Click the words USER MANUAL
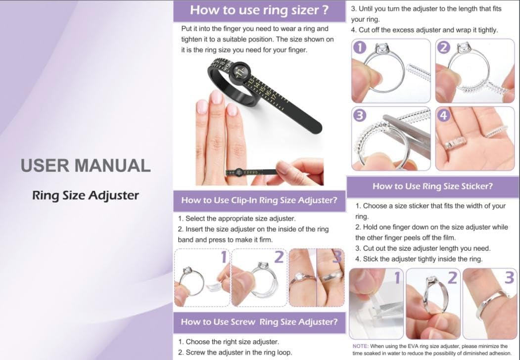[x=86, y=166]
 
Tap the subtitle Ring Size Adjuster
[x=86, y=195]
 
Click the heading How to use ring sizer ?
[x=259, y=10]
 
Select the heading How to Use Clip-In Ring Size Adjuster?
[x=259, y=200]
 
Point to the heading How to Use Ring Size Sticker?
[x=432, y=186]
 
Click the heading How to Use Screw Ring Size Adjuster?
[x=259, y=322]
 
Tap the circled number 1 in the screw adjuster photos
[x=360, y=47]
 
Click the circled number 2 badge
[x=444, y=47]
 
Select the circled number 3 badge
[x=360, y=115]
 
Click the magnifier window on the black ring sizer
[x=241, y=71]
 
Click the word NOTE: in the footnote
[x=361, y=346]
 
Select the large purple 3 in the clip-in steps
[x=337, y=257]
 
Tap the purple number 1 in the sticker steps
[x=397, y=277]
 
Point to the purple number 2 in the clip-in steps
[x=279, y=257]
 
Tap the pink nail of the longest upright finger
[x=216, y=97]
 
